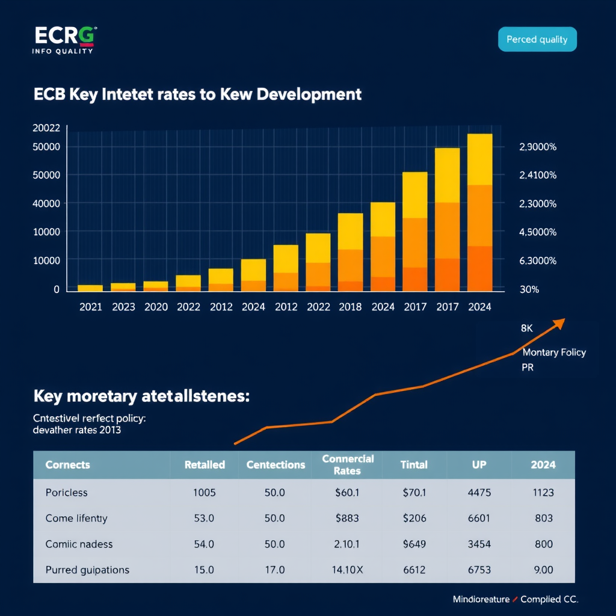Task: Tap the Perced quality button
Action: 537,40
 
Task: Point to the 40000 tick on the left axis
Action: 46,203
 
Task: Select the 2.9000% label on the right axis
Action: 537,147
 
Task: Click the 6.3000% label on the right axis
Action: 537,260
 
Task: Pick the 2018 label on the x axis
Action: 350,307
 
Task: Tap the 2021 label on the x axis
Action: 91,307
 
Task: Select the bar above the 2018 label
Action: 350,253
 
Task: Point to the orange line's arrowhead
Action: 559,323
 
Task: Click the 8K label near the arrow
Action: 527,329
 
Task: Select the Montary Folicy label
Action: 554,353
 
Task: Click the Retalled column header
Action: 205,464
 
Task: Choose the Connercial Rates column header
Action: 348,464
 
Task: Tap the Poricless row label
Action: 67,493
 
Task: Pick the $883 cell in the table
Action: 347,518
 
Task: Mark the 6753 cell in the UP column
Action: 479,570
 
